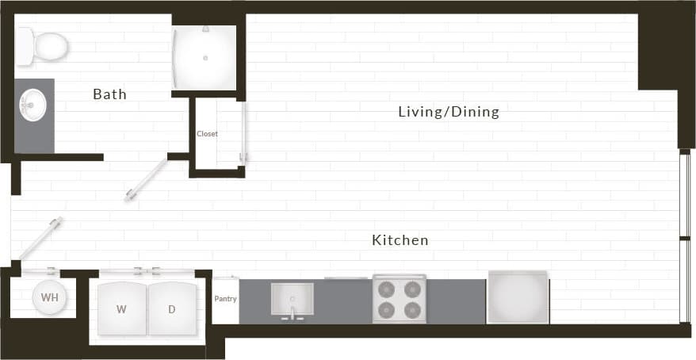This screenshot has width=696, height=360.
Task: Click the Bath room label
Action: point(109,94)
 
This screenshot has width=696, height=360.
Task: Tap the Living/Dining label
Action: point(449,112)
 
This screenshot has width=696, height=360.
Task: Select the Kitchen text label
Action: point(400,239)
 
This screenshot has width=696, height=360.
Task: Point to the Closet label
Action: point(207,134)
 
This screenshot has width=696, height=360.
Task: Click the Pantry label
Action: point(225,299)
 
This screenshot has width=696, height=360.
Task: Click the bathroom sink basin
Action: point(33,104)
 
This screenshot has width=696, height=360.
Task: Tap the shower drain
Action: point(205,58)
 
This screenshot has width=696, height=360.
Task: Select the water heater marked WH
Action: point(49,298)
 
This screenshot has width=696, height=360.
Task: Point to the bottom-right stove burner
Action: point(412,310)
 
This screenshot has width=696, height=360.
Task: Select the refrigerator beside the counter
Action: point(518,297)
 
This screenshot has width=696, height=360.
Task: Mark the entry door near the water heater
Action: point(40,238)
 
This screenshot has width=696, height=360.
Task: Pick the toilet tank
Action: point(25,46)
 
